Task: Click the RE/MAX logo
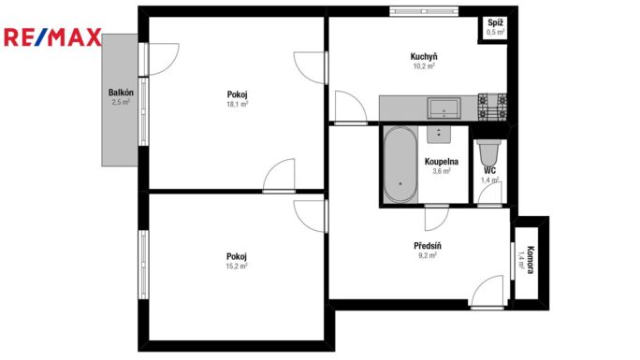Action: pos(52,37)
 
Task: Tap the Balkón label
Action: pos(121,93)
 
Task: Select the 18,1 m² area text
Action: pos(238,104)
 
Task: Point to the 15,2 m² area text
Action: pos(237,266)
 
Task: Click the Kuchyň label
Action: pos(424,57)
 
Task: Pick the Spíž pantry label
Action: pos(495,22)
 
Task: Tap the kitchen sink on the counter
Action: pos(444,108)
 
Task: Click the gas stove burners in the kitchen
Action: pos(492,108)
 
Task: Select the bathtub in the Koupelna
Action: pos(400,165)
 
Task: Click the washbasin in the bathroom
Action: pos(439,135)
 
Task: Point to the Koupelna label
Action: pos(442,162)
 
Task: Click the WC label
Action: pos(489,170)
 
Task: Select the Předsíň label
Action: pos(428,246)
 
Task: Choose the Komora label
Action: pos(531,260)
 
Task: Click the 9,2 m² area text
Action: pos(426,255)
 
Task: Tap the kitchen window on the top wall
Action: pos(424,11)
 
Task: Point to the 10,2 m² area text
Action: pos(424,66)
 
